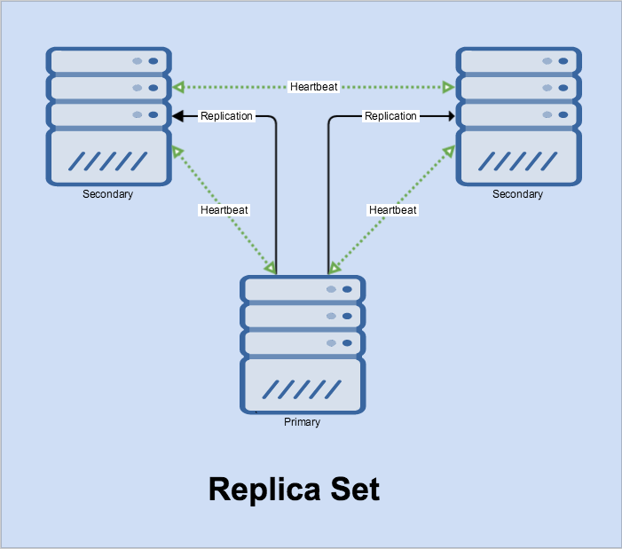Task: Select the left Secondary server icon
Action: pyautogui.click(x=108, y=116)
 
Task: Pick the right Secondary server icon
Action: pyautogui.click(x=518, y=116)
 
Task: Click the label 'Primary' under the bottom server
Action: pyautogui.click(x=302, y=422)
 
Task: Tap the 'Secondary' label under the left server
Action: pyautogui.click(x=107, y=194)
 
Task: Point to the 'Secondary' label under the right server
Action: pyautogui.click(x=517, y=194)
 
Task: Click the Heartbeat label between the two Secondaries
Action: pyautogui.click(x=313, y=87)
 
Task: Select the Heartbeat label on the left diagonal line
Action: pyautogui.click(x=224, y=210)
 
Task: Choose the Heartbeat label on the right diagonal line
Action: pyautogui.click(x=392, y=210)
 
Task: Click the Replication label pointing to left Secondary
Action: pyautogui.click(x=226, y=116)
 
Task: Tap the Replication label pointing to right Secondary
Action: pyautogui.click(x=390, y=116)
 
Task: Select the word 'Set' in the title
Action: pyautogui.click(x=355, y=490)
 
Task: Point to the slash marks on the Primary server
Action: pyautogui.click(x=303, y=389)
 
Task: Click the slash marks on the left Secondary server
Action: pyautogui.click(x=108, y=161)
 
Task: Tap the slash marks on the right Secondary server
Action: pyautogui.click(x=518, y=161)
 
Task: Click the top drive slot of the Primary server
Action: pyautogui.click(x=303, y=288)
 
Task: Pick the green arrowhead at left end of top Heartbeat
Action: pyautogui.click(x=178, y=87)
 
